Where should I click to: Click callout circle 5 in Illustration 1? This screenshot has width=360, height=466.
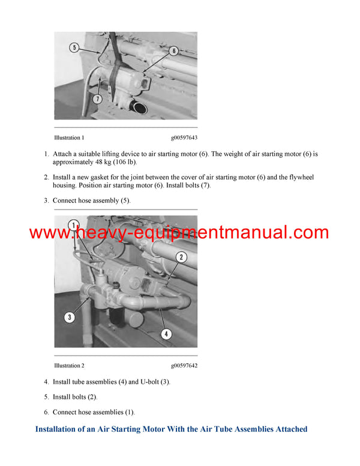(74, 47)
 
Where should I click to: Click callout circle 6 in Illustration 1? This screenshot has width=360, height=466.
(173, 51)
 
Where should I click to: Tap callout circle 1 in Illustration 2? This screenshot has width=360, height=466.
(73, 225)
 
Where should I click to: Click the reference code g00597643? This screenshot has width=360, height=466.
(184, 138)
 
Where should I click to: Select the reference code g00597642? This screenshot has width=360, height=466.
(184, 366)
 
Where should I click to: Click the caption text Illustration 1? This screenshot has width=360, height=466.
(69, 138)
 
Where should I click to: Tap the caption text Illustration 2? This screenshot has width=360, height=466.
(69, 366)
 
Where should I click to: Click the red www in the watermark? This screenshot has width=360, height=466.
(48, 232)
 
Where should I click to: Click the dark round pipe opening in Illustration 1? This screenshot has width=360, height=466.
(140, 109)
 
